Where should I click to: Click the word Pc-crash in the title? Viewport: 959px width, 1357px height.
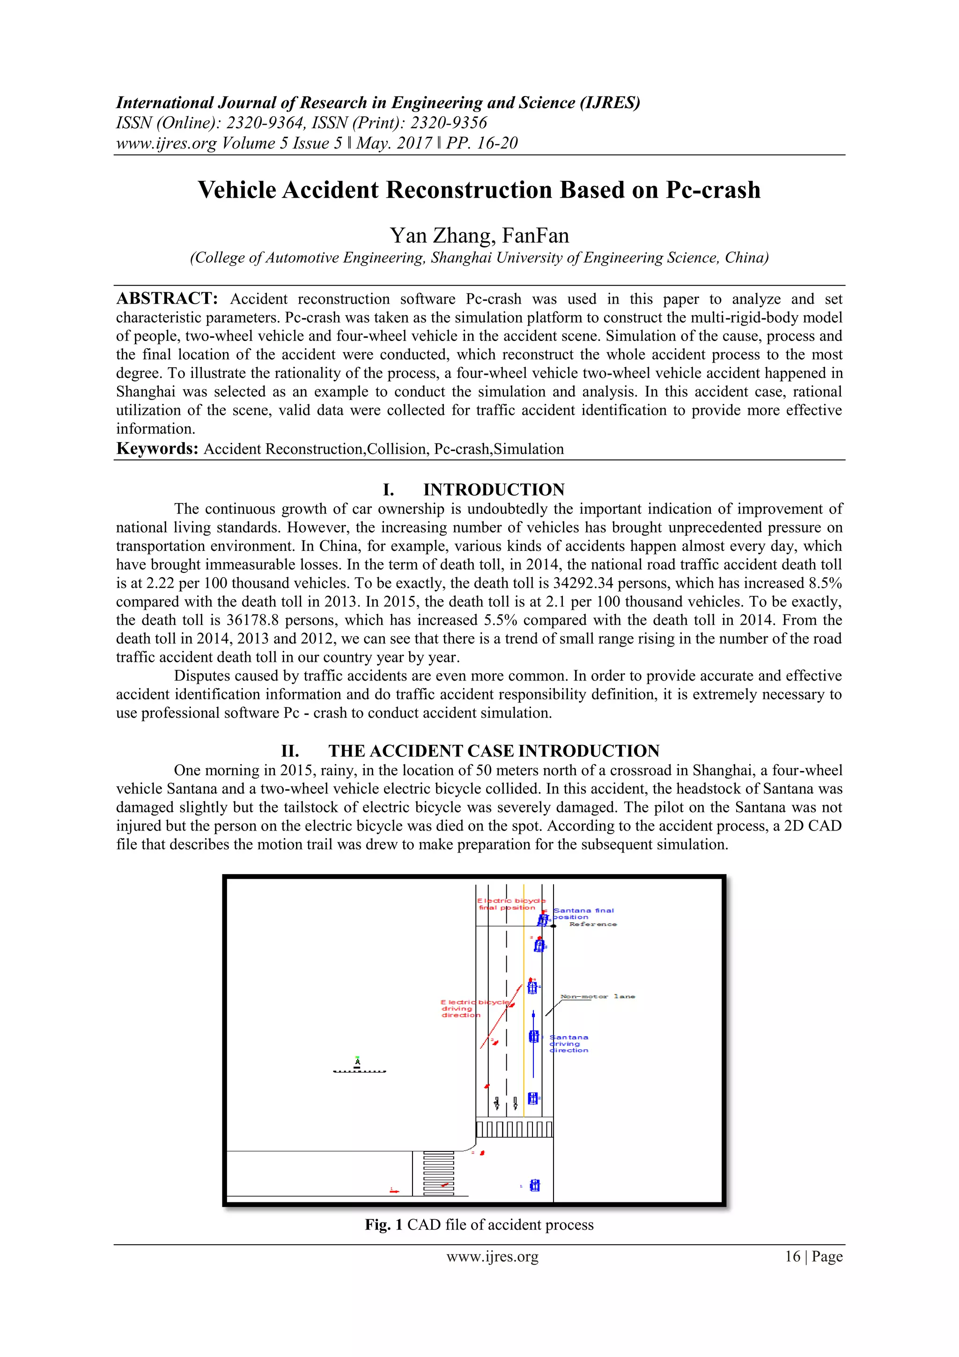click(713, 190)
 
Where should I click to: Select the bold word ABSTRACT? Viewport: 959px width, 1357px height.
click(167, 298)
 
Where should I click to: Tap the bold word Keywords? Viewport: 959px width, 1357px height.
click(156, 449)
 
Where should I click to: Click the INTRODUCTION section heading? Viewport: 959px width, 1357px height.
click(494, 489)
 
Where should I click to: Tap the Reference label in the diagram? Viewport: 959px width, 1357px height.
click(593, 924)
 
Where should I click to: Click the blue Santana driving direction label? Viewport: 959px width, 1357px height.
click(569, 1044)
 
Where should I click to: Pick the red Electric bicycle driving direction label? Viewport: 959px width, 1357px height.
click(467, 1008)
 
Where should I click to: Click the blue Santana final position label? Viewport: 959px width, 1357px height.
click(583, 914)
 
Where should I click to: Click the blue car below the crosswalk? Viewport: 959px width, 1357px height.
click(535, 1185)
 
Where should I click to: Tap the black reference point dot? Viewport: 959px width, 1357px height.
click(553, 926)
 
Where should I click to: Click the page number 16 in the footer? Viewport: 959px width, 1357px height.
click(792, 1257)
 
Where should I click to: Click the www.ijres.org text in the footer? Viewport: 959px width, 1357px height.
click(492, 1257)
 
